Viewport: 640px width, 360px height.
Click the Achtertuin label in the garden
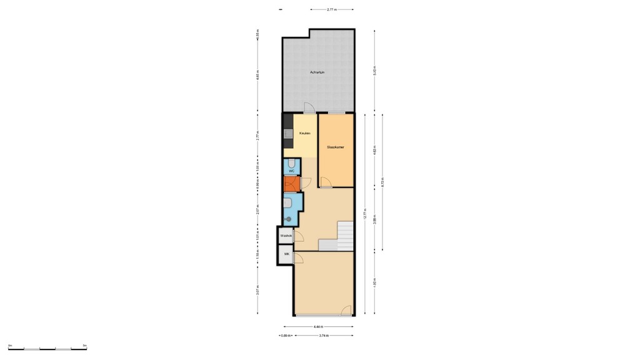[317, 73]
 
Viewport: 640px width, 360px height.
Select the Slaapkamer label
[336, 147]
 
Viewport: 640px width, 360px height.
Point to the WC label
[291, 170]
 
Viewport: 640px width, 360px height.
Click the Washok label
[286, 236]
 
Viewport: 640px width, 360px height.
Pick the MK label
[287, 254]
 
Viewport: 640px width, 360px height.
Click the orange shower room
[291, 184]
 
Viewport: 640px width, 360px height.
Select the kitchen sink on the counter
[288, 133]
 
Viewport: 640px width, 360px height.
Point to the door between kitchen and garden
[307, 108]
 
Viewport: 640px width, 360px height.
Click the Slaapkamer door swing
[326, 182]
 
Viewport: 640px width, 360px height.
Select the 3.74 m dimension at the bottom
[324, 336]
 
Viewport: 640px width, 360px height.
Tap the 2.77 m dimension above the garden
[332, 9]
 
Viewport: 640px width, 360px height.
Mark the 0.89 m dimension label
[286, 336]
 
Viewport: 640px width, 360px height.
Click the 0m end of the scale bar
[10, 345]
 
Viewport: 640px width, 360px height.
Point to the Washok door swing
[298, 237]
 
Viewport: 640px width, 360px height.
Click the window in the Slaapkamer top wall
[336, 112]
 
